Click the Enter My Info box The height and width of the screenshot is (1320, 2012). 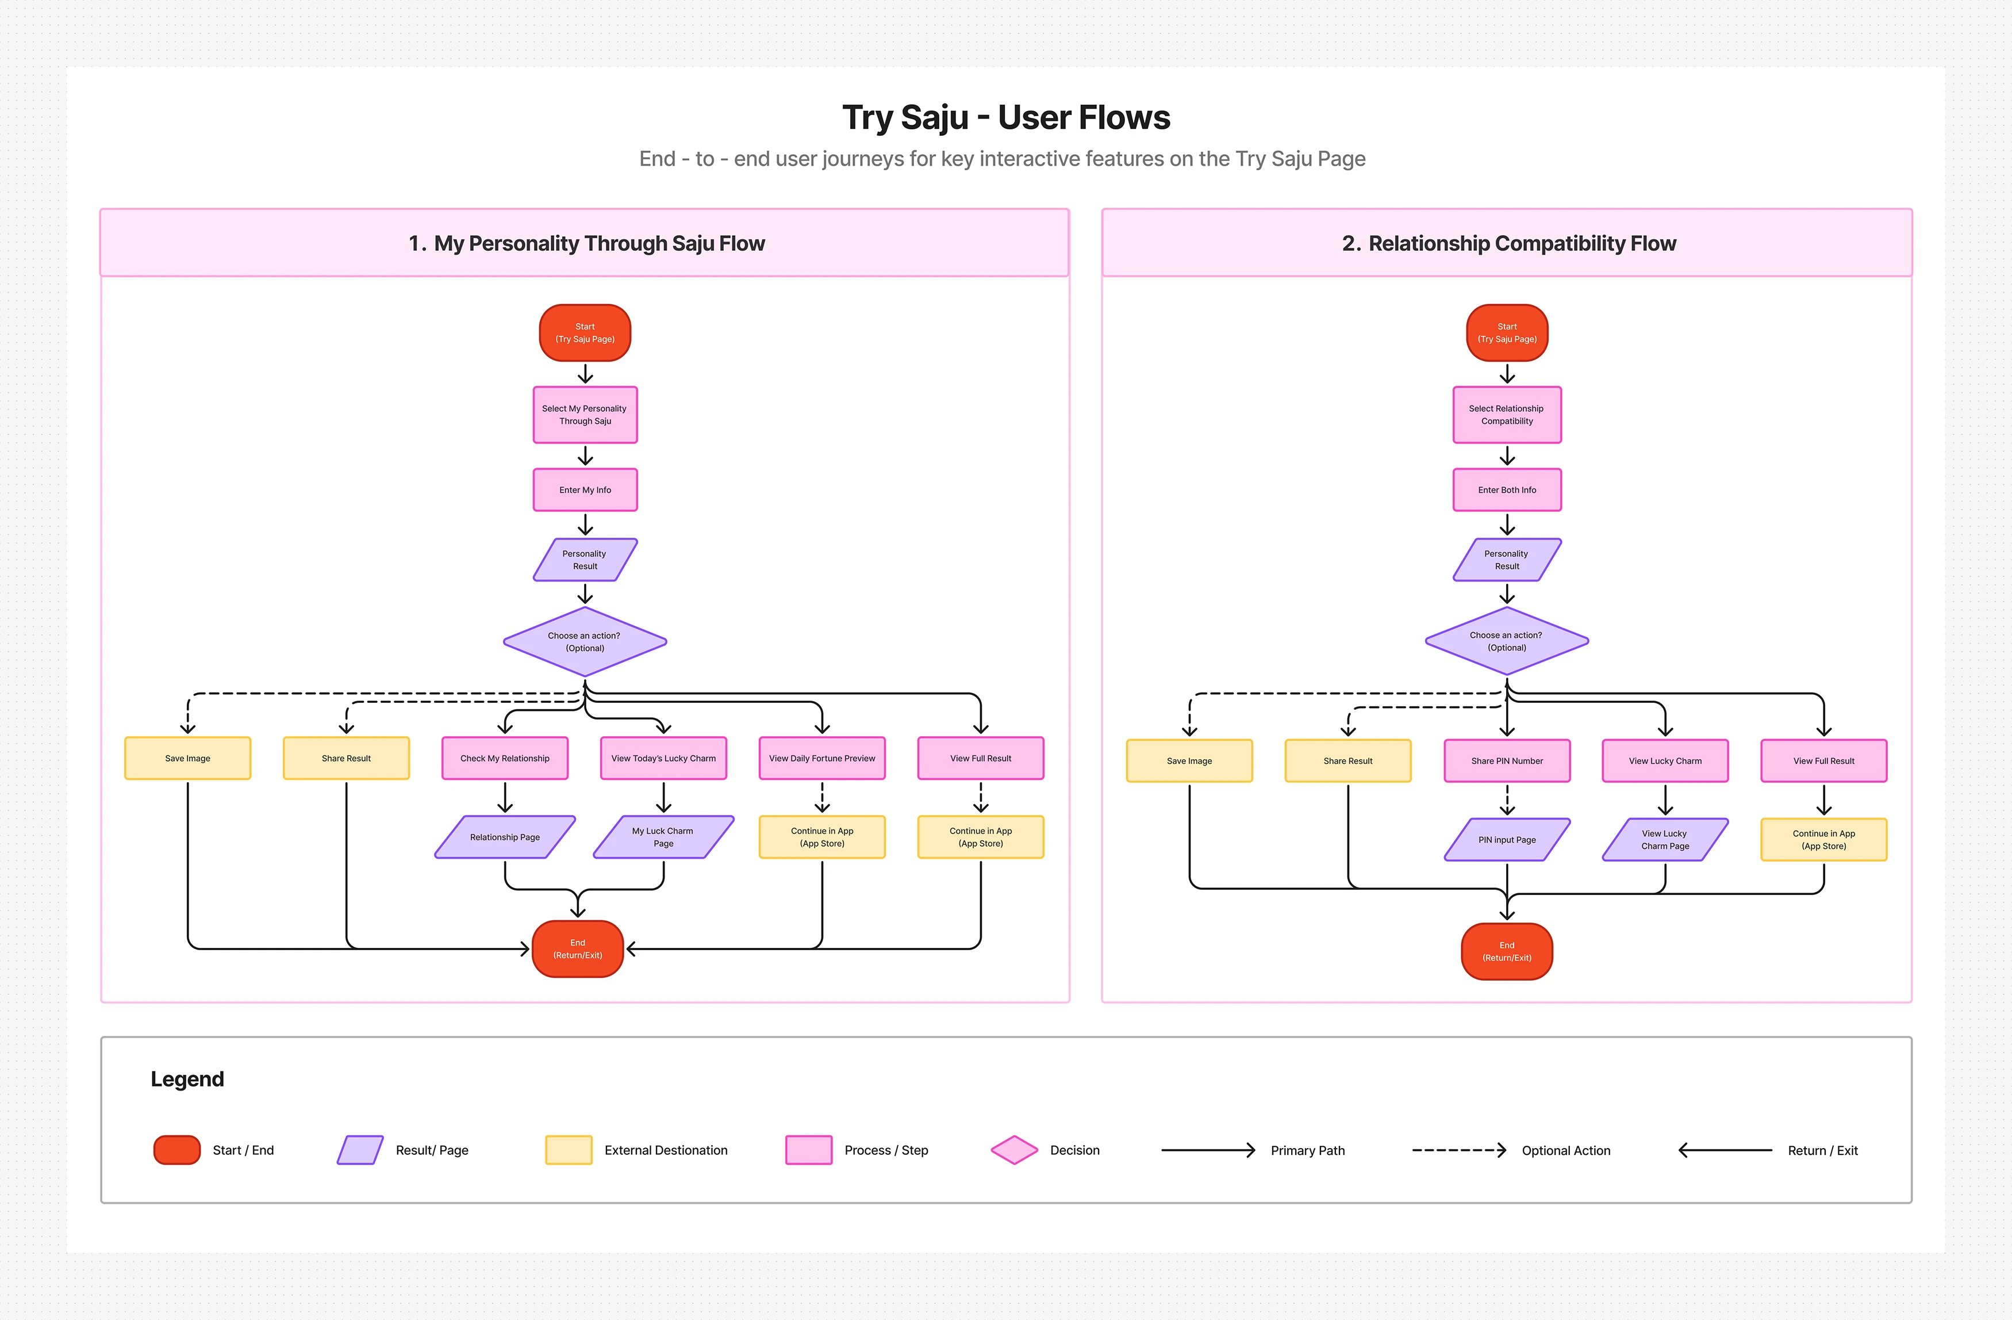tap(585, 489)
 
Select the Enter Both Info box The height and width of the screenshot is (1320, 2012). tap(1507, 489)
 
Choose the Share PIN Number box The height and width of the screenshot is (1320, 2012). tap(1507, 761)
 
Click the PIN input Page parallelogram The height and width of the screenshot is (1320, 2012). tap(1507, 840)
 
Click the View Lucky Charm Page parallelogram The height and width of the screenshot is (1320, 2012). tap(1665, 840)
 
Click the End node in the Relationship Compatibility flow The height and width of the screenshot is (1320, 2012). tap(1507, 951)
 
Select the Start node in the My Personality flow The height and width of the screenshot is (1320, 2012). tap(585, 332)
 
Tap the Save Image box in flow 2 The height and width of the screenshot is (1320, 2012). tap(1189, 761)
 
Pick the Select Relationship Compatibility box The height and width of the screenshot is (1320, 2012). tap(1507, 414)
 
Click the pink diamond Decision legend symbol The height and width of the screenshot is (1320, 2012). tap(1015, 1150)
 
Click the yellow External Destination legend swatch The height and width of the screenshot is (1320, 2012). tap(569, 1150)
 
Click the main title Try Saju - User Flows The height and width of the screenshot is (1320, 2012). tap(1006, 117)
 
